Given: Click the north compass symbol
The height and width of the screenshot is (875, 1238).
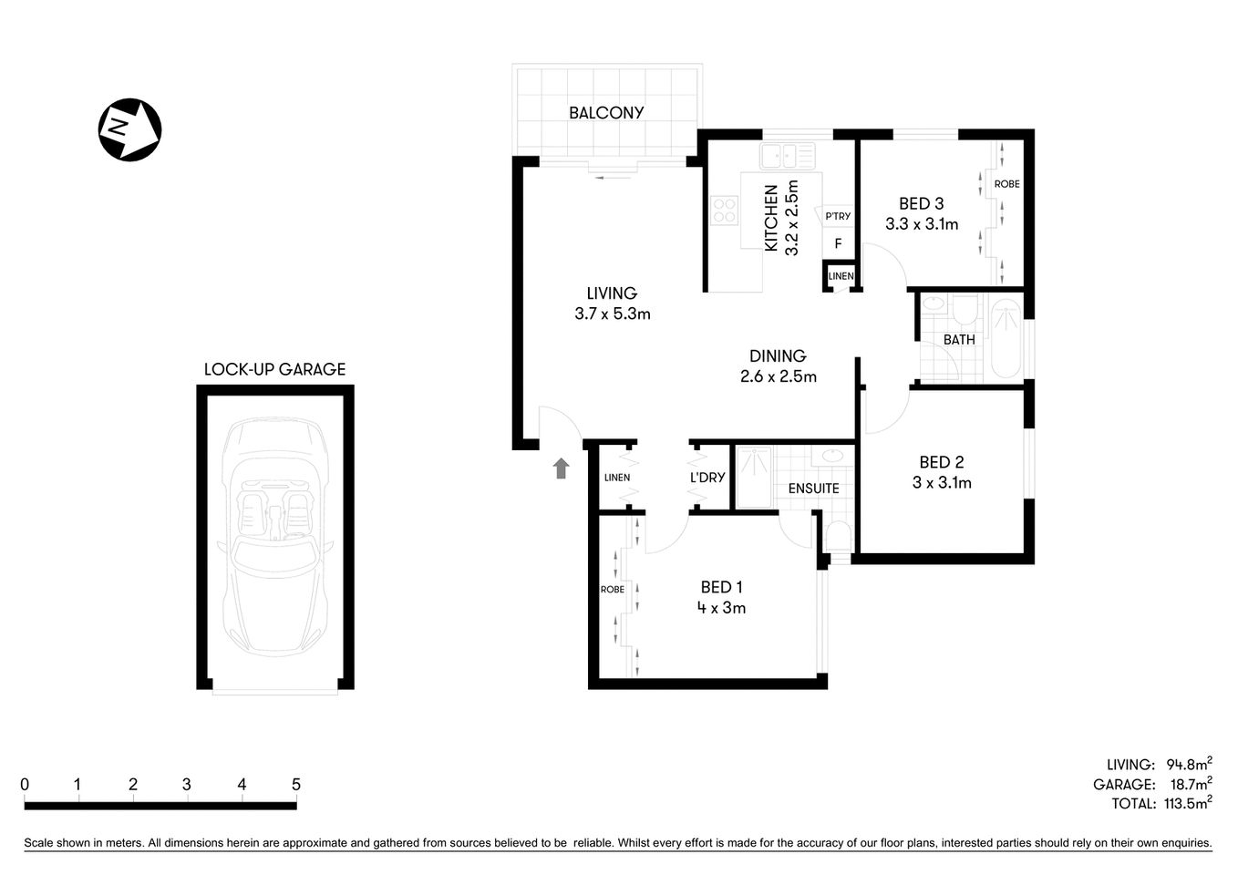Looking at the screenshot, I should click(129, 129).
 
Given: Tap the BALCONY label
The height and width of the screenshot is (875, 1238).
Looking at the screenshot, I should click(606, 113).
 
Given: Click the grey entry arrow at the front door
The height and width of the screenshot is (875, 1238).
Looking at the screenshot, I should click(561, 468).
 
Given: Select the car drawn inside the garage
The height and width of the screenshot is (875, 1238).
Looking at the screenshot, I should click(274, 538).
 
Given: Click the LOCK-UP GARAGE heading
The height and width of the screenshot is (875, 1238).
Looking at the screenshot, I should click(274, 369).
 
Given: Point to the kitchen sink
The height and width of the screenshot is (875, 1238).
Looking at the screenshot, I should click(789, 157).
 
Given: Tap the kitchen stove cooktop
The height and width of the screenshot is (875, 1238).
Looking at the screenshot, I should click(725, 211).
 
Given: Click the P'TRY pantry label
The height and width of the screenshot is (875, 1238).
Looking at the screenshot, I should click(837, 216).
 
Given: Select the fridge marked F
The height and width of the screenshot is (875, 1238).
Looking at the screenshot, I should click(838, 244).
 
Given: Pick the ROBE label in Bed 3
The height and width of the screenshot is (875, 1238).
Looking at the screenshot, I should click(1006, 184).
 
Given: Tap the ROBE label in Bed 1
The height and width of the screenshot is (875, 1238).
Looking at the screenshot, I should click(613, 590).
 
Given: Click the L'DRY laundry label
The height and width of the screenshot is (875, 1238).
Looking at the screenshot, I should click(707, 478).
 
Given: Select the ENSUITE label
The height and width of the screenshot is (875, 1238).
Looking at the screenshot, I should click(813, 489).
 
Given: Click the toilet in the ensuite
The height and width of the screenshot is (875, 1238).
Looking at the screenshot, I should click(837, 538).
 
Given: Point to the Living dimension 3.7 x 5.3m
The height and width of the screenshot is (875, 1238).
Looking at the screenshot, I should click(612, 314).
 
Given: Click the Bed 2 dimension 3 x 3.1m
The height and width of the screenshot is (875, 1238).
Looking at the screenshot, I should click(942, 483).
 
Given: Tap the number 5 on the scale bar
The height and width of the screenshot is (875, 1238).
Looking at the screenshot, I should click(295, 785).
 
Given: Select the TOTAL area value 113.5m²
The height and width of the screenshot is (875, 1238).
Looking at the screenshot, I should click(1188, 803).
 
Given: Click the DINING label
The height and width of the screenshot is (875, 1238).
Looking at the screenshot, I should click(778, 356).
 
